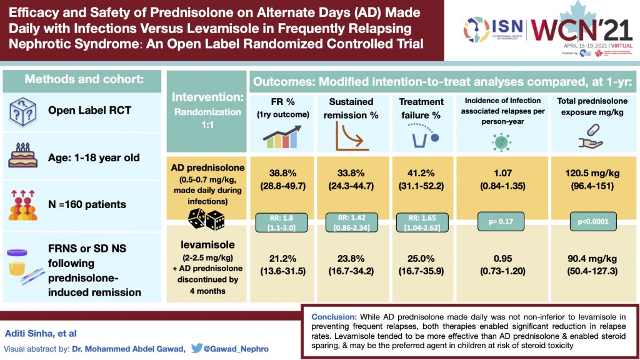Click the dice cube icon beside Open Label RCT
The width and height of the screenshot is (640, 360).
(x=24, y=111)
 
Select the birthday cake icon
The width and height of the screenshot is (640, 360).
(x=24, y=156)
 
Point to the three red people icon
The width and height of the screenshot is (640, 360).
(x=24, y=203)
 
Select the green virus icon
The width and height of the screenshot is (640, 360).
(x=501, y=139)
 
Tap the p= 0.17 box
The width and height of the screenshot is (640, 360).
(x=502, y=221)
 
